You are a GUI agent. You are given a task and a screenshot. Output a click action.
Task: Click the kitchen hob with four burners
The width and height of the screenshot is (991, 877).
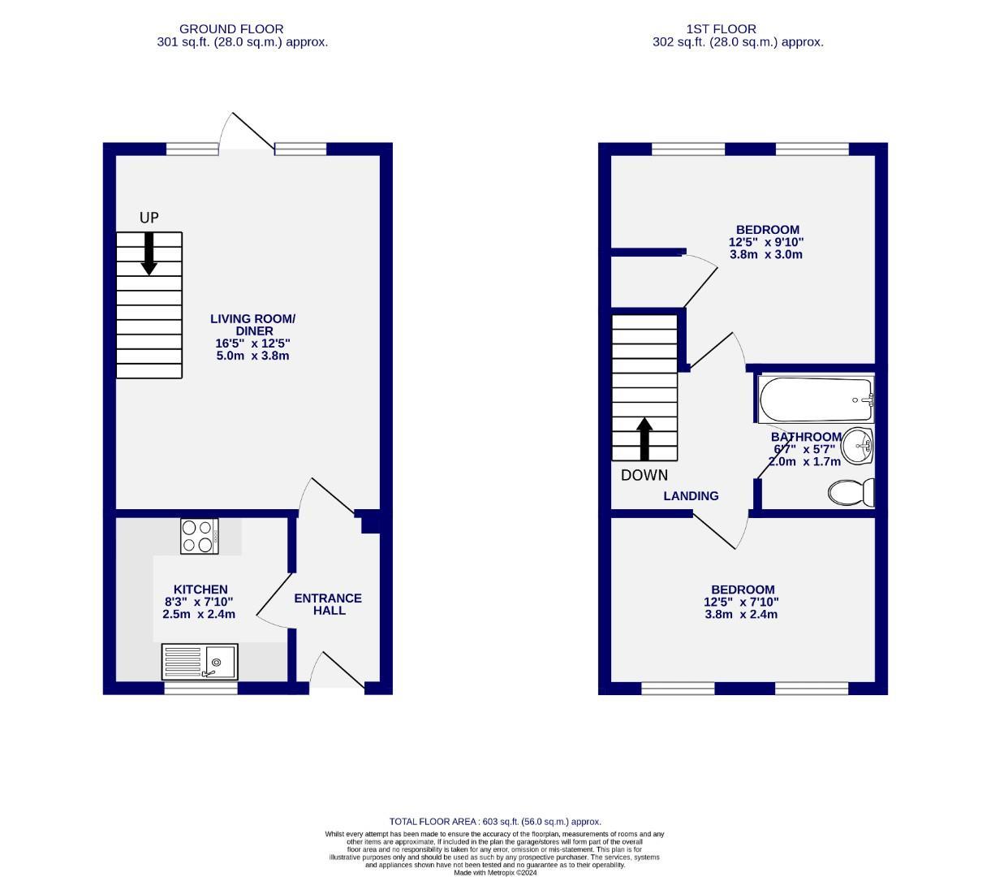pos(199,536)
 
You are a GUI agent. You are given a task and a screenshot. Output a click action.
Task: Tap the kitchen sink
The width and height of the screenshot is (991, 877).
pos(199,661)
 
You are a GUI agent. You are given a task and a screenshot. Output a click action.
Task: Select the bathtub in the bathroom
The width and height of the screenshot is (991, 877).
pos(816,400)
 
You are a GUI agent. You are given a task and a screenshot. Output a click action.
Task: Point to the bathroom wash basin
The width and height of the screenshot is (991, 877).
pos(857,446)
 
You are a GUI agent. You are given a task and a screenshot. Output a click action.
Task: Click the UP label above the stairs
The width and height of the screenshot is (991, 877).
pos(149,218)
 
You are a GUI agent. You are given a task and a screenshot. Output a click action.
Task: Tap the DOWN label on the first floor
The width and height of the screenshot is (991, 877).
pos(644,475)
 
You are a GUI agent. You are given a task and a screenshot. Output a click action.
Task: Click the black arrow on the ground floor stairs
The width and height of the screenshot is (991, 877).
pos(149,253)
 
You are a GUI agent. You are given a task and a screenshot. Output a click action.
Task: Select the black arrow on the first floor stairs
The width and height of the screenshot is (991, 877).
pos(644,439)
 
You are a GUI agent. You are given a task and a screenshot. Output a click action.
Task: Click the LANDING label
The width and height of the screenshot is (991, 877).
pos(691,495)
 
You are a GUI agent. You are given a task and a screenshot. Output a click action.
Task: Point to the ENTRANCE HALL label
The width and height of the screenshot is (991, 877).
pos(328,604)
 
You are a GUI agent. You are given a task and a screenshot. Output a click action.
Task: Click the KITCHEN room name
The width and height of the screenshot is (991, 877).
pos(200,590)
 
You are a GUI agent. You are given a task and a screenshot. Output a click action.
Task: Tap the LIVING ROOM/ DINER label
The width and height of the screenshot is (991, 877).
pos(253,325)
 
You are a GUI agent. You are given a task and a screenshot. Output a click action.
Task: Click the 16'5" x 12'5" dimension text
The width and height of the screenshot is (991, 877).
pos(253,343)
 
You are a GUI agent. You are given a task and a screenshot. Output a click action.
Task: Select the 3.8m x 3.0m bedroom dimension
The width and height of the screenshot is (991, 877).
pos(767,254)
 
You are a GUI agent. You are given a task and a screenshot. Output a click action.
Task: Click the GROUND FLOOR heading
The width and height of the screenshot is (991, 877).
pos(231,29)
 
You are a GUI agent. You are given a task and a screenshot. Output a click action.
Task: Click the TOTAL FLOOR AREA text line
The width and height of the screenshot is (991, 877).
pos(495,822)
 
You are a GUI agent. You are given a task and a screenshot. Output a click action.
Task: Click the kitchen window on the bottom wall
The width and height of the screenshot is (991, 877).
pos(200,689)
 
